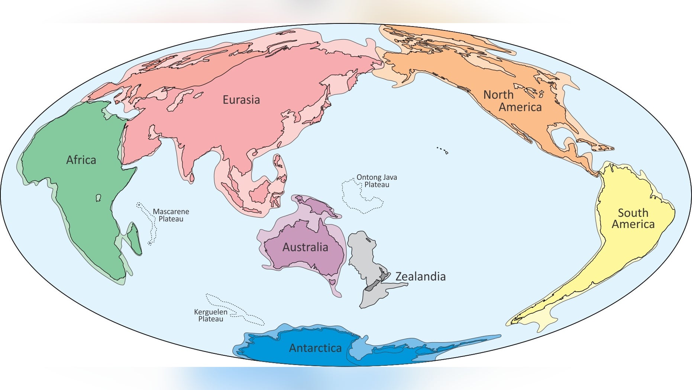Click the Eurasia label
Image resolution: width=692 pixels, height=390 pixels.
click(x=241, y=100)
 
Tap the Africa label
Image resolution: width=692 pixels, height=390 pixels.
click(x=81, y=160)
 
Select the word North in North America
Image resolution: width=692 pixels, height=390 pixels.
click(x=498, y=95)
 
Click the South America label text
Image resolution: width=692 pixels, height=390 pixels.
click(x=633, y=218)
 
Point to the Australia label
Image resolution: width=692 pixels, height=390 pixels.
click(x=305, y=247)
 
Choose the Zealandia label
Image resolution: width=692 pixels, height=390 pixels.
click(x=420, y=276)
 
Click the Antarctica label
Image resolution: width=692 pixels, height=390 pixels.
click(x=315, y=348)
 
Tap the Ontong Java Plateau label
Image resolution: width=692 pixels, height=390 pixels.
click(x=376, y=181)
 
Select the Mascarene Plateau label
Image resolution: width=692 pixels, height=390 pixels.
click(x=171, y=215)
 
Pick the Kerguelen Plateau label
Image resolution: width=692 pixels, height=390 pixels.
click(x=210, y=315)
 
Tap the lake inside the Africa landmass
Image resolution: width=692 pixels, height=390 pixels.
click(x=98, y=198)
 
